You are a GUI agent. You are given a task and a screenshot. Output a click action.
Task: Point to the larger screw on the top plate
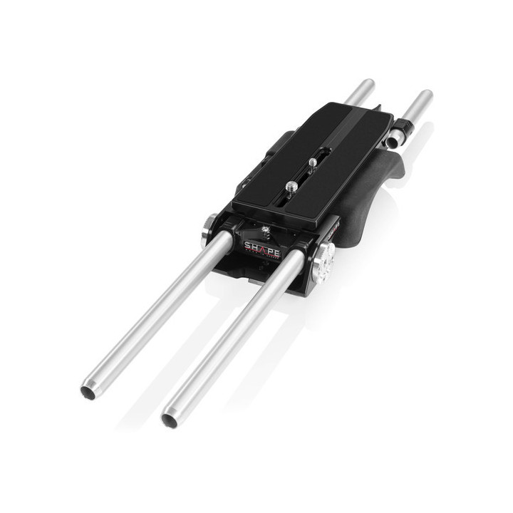(x=291, y=187)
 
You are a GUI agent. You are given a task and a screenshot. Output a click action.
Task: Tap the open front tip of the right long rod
(x=170, y=420)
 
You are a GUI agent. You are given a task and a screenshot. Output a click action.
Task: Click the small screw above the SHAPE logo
(x=266, y=230)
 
